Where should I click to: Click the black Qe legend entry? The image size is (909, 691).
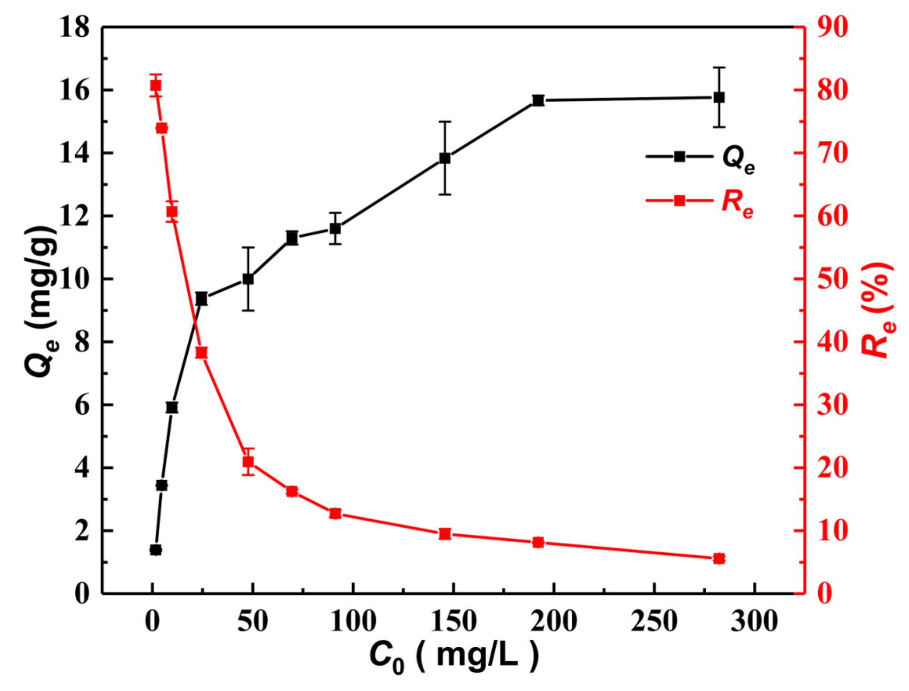pyautogui.click(x=700, y=157)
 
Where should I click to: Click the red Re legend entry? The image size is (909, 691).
pyautogui.click(x=700, y=201)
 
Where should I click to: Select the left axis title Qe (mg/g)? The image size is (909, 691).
pyautogui.click(x=41, y=301)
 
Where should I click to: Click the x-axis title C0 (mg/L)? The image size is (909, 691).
pyautogui.click(x=454, y=657)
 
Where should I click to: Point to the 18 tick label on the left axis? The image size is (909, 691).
pyautogui.click(x=74, y=27)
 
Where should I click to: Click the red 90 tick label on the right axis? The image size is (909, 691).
pyautogui.click(x=832, y=27)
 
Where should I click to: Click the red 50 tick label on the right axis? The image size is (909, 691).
pyautogui.click(x=832, y=279)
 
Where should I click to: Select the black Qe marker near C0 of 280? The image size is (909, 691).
pyautogui.click(x=719, y=97)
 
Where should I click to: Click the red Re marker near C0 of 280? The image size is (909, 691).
pyautogui.click(x=719, y=559)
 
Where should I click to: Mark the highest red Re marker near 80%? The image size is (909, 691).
pyautogui.click(x=156, y=86)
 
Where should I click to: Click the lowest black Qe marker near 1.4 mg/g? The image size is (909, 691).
pyautogui.click(x=156, y=550)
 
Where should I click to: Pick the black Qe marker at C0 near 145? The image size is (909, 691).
pyautogui.click(x=445, y=158)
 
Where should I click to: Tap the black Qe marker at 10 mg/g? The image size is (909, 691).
pyautogui.click(x=248, y=279)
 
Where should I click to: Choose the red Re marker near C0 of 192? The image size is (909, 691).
pyautogui.click(x=538, y=542)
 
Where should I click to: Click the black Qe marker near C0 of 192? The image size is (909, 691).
pyautogui.click(x=538, y=100)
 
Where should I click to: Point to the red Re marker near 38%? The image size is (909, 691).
pyautogui.click(x=201, y=353)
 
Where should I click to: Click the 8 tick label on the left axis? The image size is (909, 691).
pyautogui.click(x=81, y=342)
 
